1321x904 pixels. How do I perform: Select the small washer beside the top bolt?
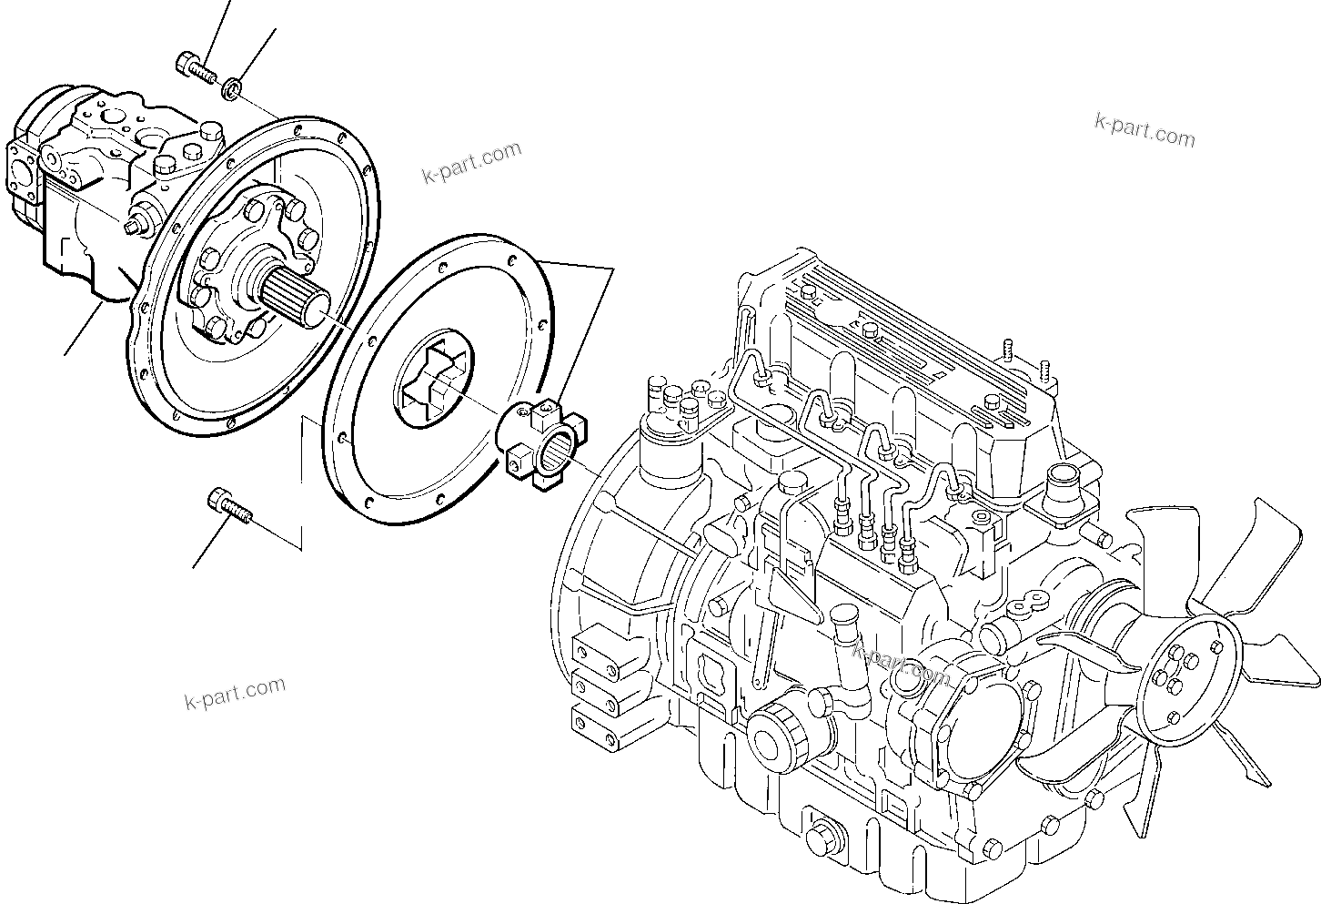coord(232,88)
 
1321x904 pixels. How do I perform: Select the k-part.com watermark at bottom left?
coord(234,694)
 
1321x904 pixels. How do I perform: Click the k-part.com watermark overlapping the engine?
coord(901,662)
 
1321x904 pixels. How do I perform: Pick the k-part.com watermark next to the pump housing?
coord(471,162)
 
